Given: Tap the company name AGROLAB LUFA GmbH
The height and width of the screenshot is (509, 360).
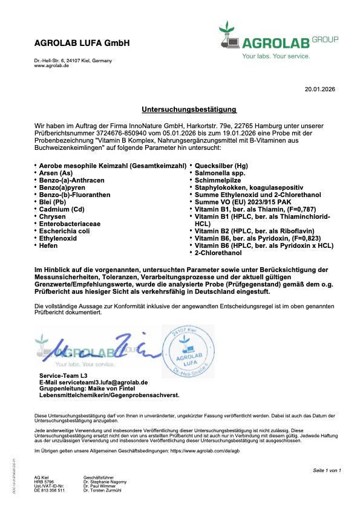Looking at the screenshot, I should click(x=82, y=44).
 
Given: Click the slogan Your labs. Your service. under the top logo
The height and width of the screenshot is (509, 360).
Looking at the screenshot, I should click(x=276, y=56).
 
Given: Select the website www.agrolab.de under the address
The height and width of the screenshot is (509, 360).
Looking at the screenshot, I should click(x=51, y=65).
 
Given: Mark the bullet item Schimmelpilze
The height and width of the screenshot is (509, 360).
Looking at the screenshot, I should click(x=217, y=180).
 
